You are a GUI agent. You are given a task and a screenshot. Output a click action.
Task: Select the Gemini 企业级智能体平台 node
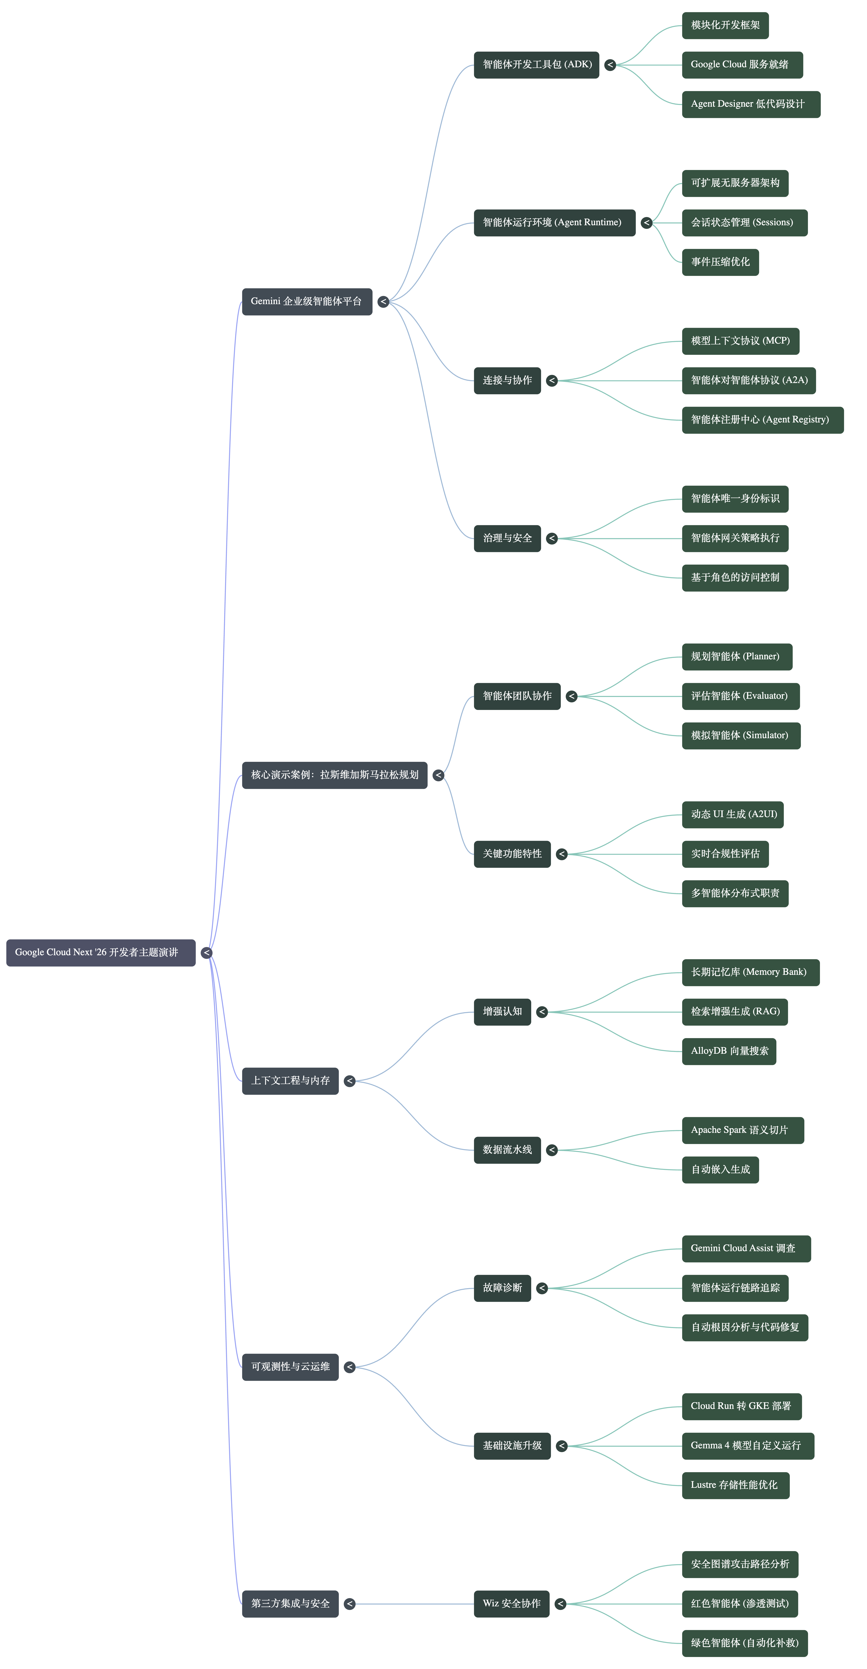307,301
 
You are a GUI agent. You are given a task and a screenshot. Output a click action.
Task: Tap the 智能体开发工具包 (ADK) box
537,65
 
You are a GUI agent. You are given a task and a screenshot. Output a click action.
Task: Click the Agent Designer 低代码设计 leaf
751,104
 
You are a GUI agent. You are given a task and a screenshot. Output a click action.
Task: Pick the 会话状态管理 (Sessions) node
744,223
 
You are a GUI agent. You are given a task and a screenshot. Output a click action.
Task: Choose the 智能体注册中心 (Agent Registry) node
763,420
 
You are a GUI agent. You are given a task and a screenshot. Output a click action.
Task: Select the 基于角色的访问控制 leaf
735,578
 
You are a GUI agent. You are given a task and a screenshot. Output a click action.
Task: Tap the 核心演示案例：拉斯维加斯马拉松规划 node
335,775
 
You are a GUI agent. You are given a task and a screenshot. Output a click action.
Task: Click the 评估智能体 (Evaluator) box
741,697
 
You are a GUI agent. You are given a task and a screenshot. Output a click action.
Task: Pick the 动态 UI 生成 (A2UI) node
733,814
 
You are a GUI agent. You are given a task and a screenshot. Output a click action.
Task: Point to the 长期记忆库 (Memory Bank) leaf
751,972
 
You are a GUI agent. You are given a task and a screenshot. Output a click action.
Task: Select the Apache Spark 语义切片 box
743,1131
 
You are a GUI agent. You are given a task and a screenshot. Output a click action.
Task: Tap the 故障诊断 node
503,1288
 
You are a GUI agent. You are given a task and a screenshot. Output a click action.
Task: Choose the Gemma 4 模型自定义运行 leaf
748,1446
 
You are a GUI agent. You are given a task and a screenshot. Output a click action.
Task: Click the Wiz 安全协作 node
512,1604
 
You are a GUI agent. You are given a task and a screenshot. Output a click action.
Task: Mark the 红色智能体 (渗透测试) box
740,1604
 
